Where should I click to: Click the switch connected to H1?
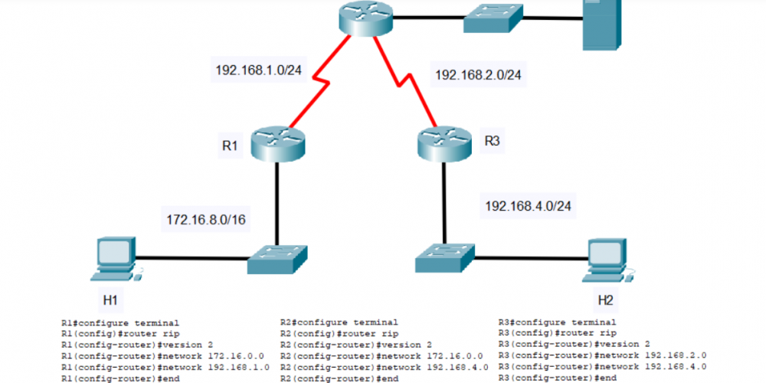point(277,260)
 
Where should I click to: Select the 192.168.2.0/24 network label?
point(473,75)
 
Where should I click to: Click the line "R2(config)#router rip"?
point(339,334)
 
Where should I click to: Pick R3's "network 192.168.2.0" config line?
point(602,355)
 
